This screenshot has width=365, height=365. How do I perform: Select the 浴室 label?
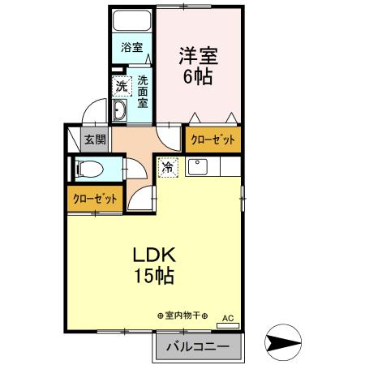(x=131, y=47)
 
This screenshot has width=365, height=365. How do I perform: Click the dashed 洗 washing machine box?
(x=120, y=86)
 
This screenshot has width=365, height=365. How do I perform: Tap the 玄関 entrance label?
(x=94, y=140)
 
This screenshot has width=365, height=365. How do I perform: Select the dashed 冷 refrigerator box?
(x=167, y=168)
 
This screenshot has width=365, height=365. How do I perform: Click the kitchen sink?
(x=199, y=167)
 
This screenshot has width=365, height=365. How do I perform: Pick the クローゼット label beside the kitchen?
(x=213, y=140)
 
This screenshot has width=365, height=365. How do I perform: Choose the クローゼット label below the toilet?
(x=94, y=199)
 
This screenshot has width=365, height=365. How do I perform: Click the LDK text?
(x=153, y=254)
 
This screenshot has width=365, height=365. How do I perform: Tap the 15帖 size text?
(x=153, y=275)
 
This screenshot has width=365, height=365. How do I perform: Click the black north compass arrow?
(x=285, y=345)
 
